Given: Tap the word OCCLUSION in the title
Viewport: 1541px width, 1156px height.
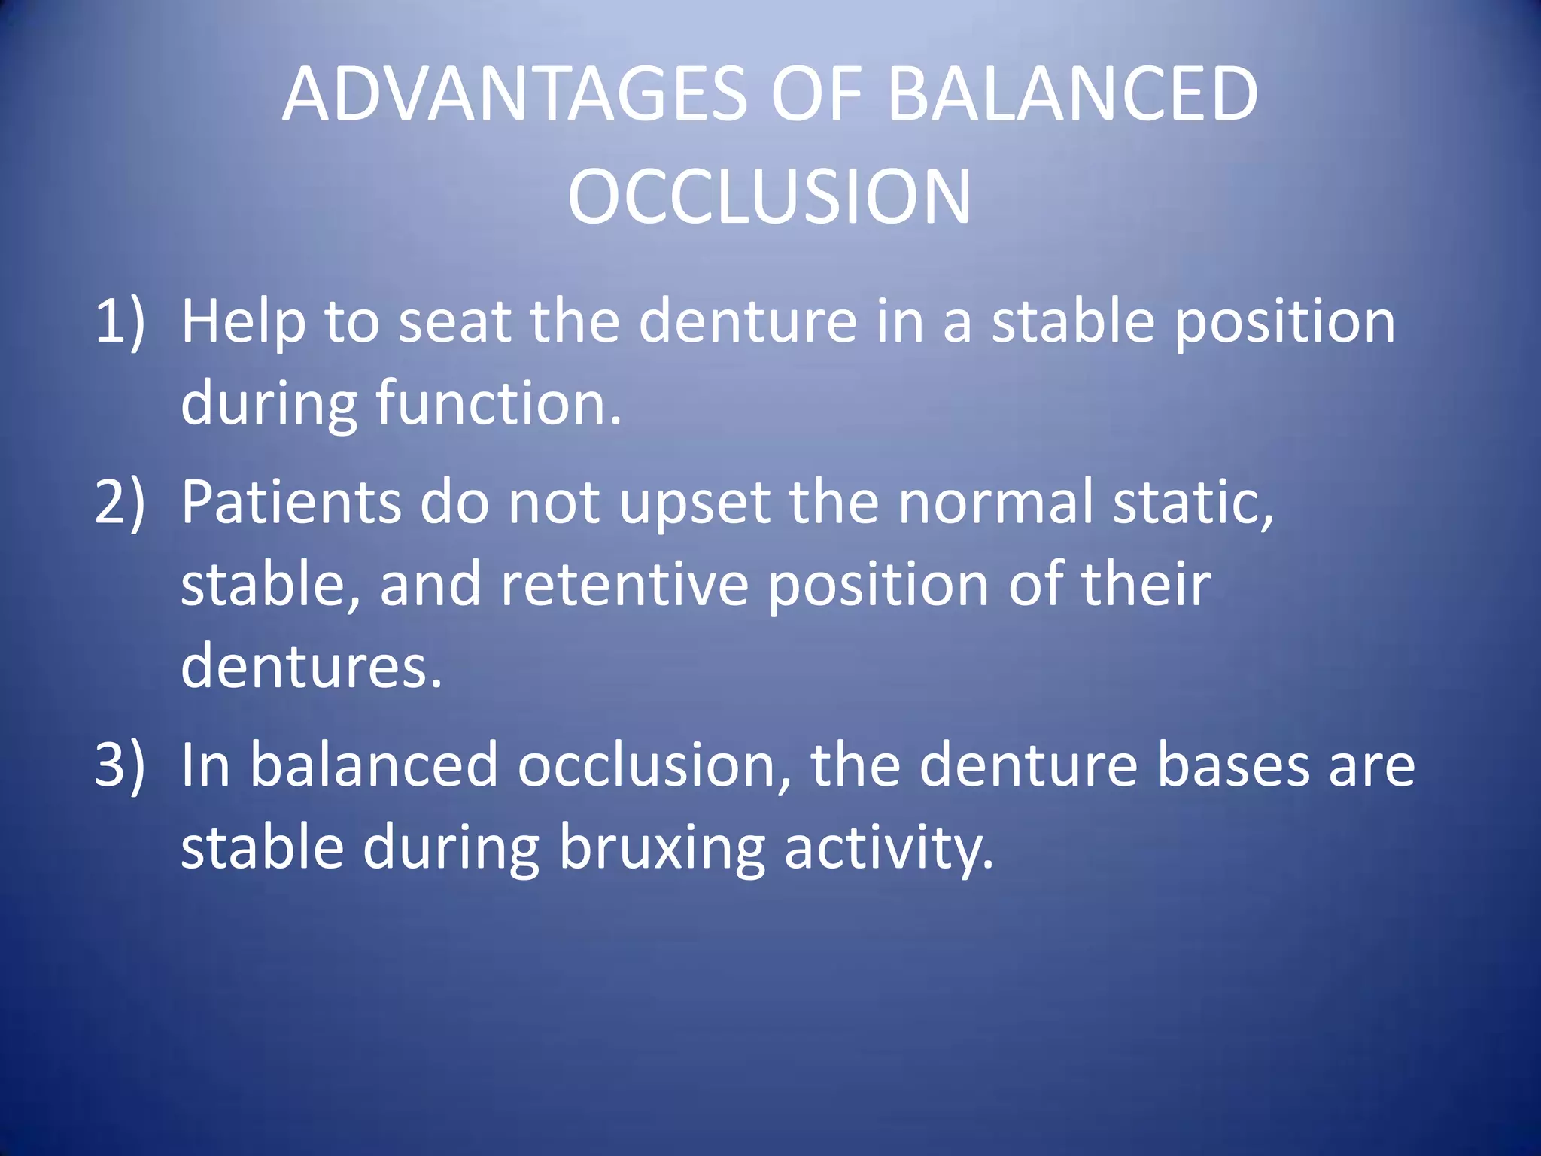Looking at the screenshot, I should (x=769, y=197).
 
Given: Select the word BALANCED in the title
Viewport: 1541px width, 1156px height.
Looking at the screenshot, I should (x=1071, y=95).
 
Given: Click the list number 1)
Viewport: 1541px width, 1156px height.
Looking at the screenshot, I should (x=120, y=322).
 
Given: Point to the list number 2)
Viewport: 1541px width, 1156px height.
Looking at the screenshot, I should (x=120, y=503).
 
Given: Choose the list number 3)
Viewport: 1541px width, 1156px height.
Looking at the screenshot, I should (x=120, y=765).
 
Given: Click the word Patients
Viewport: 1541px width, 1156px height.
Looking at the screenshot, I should (x=290, y=503).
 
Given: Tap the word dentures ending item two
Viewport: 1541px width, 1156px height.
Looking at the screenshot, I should (x=311, y=667).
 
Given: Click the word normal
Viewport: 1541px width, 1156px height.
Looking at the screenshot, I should (x=995, y=503).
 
